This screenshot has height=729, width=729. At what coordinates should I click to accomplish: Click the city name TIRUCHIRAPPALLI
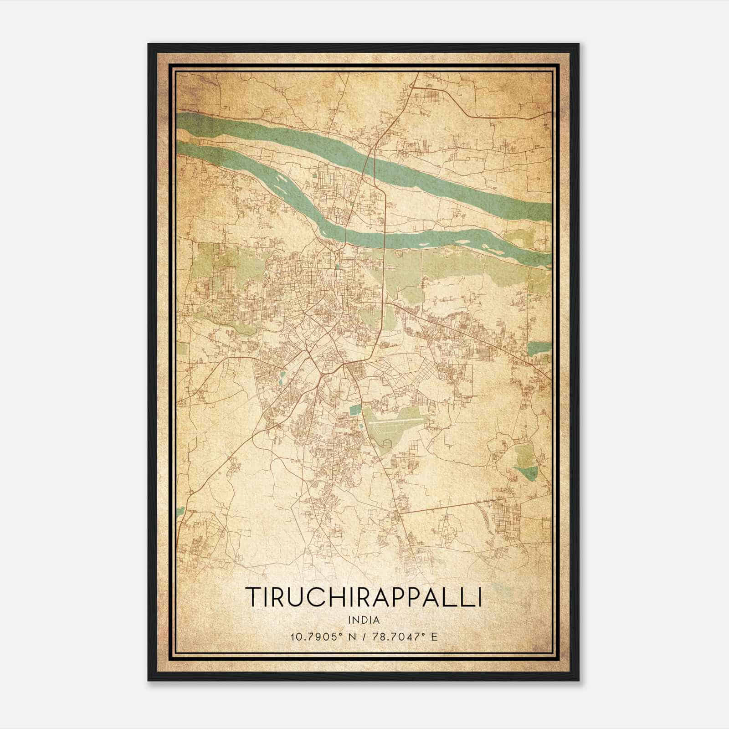363,596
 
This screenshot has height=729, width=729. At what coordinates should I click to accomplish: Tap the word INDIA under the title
363,620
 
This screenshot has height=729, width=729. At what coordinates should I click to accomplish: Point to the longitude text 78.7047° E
405,637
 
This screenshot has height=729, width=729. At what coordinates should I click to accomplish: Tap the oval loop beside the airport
387,443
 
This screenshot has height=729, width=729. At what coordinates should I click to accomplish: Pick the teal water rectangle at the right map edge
539,348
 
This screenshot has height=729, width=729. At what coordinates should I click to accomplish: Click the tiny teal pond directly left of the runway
361,426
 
